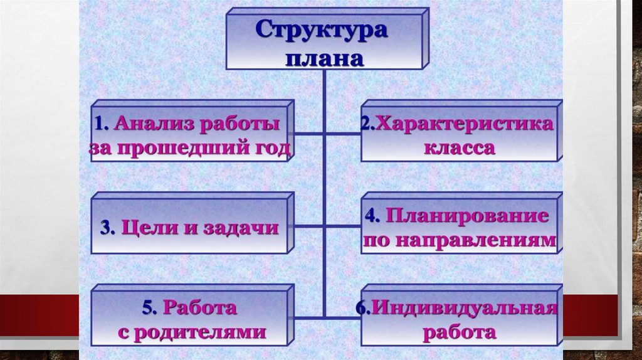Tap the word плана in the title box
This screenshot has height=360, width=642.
pyautogui.click(x=324, y=58)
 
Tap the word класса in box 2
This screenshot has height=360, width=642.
pyautogui.click(x=460, y=149)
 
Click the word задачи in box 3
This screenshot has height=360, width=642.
pyautogui.click(x=241, y=227)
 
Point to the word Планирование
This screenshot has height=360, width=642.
pyautogui.click(x=467, y=216)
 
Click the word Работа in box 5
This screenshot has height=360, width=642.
pyautogui.click(x=199, y=308)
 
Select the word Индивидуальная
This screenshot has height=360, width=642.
pyautogui.click(x=465, y=308)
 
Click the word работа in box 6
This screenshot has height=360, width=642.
pyautogui.click(x=460, y=332)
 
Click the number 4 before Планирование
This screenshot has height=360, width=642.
pyautogui.click(x=371, y=216)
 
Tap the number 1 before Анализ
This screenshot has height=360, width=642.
pyautogui.click(x=99, y=124)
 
